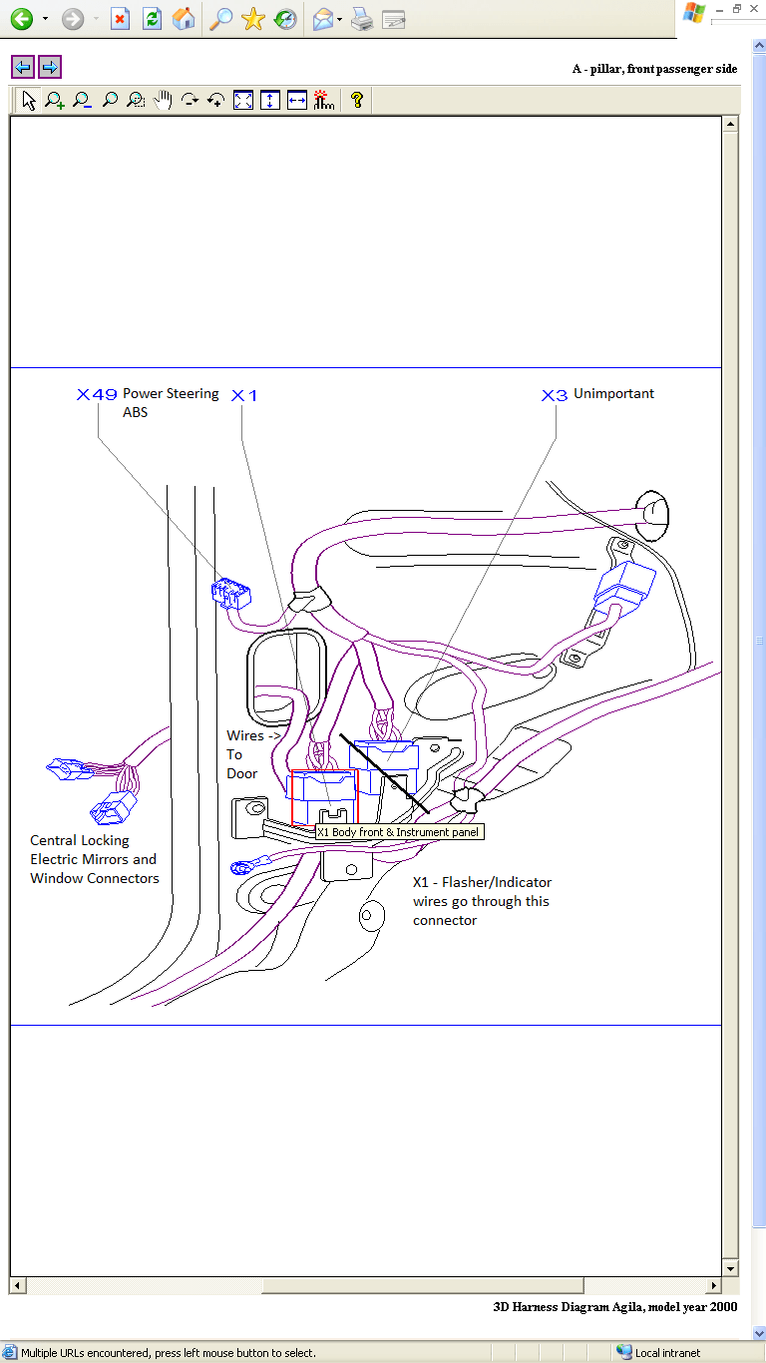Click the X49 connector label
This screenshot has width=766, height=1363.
tap(97, 394)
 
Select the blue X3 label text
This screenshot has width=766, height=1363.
tap(554, 395)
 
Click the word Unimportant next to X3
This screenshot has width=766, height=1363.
tap(613, 394)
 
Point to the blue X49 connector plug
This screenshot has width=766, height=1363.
tap(231, 594)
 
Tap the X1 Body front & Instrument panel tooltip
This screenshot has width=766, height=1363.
tap(398, 831)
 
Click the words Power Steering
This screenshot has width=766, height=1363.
tap(171, 393)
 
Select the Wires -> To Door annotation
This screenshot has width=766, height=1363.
tap(244, 754)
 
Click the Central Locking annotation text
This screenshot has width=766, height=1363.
tap(80, 840)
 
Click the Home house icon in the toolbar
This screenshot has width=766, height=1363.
tap(184, 19)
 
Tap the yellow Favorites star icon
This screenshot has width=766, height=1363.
tap(253, 19)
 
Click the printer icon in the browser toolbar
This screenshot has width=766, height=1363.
tap(362, 19)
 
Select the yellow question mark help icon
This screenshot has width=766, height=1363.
tap(356, 100)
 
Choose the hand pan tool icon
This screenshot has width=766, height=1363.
tap(163, 100)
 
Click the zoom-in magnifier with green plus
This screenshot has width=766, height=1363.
tap(55, 100)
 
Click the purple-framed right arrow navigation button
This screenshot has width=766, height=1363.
tap(50, 67)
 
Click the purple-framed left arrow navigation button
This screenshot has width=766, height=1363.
tap(23, 67)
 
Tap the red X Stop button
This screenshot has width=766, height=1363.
tap(120, 19)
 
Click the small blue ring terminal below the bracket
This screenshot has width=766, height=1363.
tap(240, 868)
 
